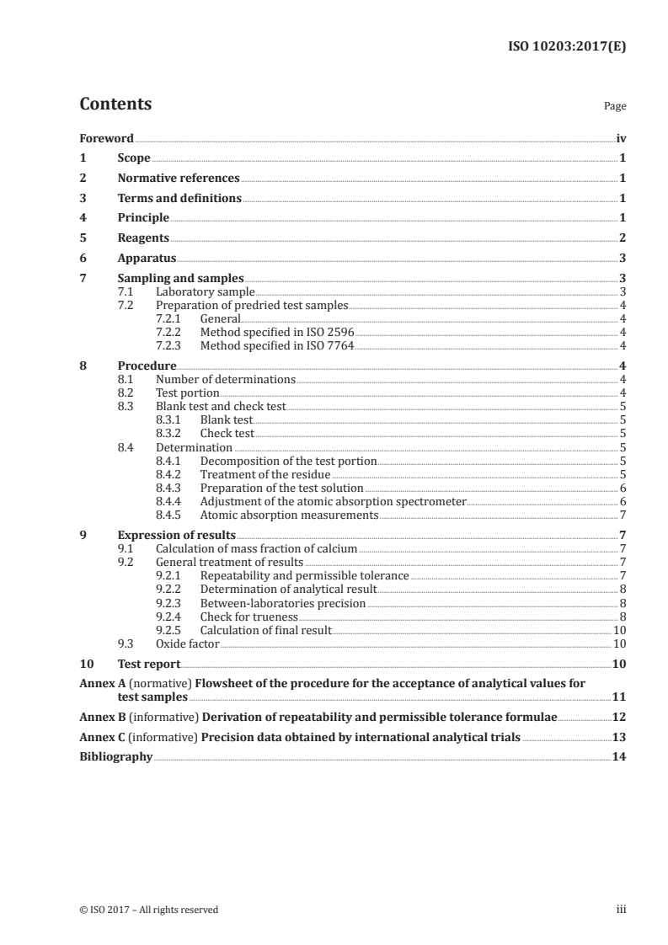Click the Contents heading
pos(115,104)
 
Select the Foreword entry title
pos(106,138)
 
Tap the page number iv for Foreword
pos(621,138)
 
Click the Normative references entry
pos(179,179)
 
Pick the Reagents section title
pos(143,238)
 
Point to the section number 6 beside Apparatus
pos(83,259)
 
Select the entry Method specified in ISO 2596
pos(278,332)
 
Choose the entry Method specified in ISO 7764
pos(278,345)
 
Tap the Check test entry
pos(227,434)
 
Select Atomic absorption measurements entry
pos(289,515)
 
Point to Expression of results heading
pos(176,535)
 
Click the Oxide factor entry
pos(187,643)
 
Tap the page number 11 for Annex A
pos(620,697)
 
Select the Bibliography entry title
pos(115,757)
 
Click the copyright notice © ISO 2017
pos(148,910)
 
